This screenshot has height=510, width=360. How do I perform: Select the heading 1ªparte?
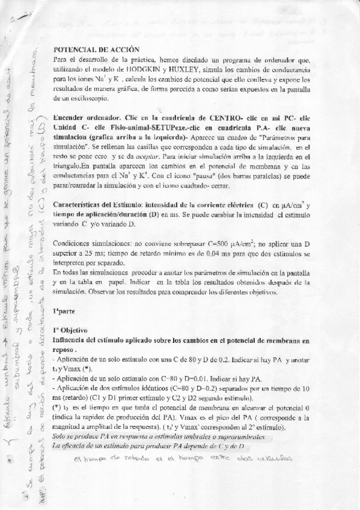(x=63, y=310)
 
